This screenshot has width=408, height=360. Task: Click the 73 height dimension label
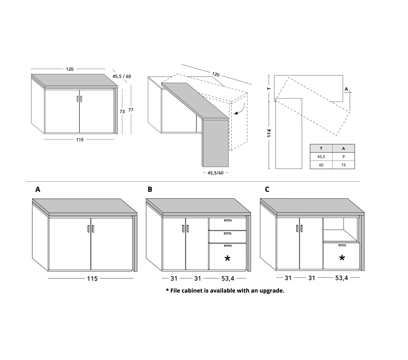[x=122, y=111]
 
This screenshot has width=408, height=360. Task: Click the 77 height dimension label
[x=131, y=110]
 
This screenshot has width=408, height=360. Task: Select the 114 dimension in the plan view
[x=269, y=133]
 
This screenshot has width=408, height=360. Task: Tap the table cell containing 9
[x=343, y=157]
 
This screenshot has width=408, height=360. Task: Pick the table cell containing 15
[x=343, y=165]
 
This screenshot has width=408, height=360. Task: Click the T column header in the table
[x=321, y=149]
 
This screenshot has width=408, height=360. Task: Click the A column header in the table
[x=343, y=149]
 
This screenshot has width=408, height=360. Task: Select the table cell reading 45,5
[x=321, y=157]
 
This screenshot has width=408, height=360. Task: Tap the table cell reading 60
[x=321, y=165]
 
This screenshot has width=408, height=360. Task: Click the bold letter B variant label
[x=150, y=189]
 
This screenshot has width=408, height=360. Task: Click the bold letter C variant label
[x=267, y=189]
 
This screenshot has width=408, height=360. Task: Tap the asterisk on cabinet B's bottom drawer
[x=227, y=258]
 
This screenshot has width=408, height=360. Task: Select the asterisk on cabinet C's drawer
[x=342, y=258]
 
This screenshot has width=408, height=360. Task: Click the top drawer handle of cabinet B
[x=228, y=220]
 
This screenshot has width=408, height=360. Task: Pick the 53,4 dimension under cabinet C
[x=341, y=278]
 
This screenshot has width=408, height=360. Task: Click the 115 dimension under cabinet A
[x=92, y=279]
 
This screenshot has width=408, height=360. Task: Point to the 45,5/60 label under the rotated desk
[x=216, y=173]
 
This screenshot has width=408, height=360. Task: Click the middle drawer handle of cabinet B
[x=228, y=233]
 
